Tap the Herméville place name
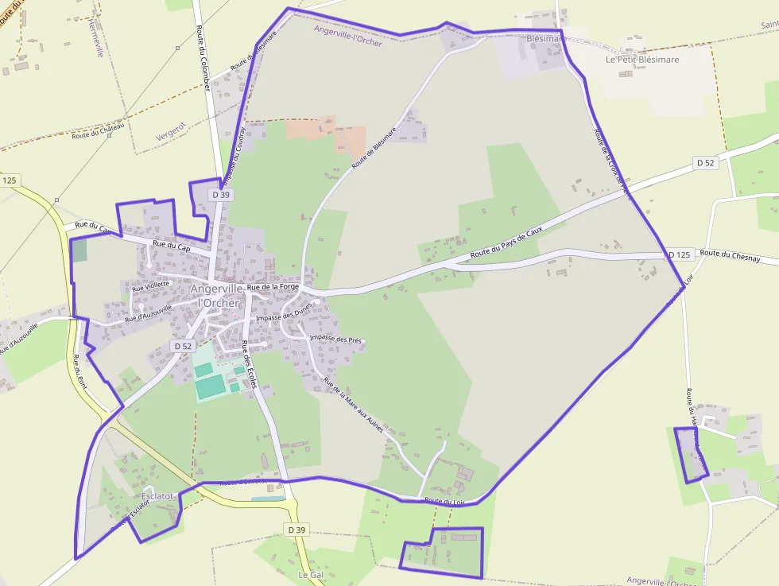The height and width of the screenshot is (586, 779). click(97, 37)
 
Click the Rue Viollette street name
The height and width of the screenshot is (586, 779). click(151, 284)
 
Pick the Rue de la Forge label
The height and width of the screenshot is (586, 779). click(273, 286)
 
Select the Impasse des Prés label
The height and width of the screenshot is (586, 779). click(335, 340)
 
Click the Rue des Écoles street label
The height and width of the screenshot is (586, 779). click(250, 364)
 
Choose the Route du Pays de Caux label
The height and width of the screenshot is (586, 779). click(506, 243)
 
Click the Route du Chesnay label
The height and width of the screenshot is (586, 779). click(730, 255)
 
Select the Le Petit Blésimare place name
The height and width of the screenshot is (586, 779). click(642, 60)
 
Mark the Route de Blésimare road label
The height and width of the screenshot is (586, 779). click(374, 148)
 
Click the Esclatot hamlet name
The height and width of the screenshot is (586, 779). click(157, 496)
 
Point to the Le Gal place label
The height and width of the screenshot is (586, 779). click(310, 574)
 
